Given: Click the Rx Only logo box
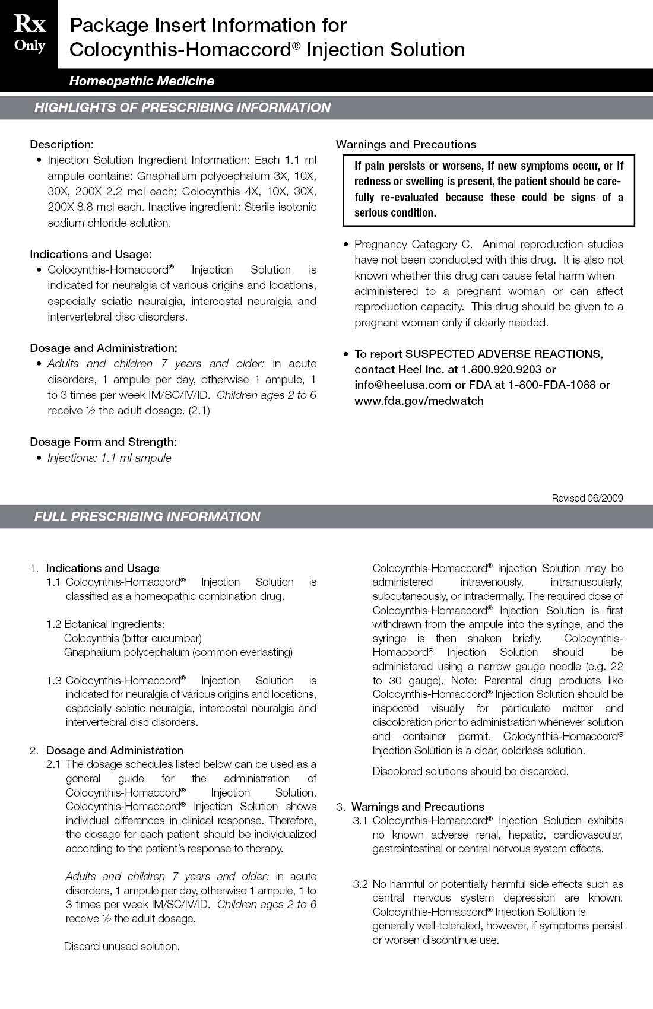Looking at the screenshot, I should [x=29, y=34].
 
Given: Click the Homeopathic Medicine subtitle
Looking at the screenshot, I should [x=141, y=81].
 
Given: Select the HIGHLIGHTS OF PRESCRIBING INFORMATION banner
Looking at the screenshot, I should [x=182, y=108].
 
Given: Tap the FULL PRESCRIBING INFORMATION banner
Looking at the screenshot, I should [x=147, y=516].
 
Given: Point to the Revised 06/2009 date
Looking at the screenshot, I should [x=587, y=498].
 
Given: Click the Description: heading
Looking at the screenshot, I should [x=62, y=144].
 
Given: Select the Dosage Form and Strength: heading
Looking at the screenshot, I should [x=103, y=442].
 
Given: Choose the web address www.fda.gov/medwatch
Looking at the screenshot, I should [x=419, y=401].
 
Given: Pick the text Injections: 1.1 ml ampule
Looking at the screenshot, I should [x=109, y=458].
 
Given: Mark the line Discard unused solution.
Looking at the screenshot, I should [x=122, y=947].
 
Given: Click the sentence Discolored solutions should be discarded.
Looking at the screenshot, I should [x=470, y=772].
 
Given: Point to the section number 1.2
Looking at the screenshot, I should [x=53, y=624].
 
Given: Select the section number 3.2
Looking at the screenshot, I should [x=360, y=884].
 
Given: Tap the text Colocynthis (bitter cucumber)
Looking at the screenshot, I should [x=132, y=639].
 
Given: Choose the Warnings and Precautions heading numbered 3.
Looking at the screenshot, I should [x=417, y=807].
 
